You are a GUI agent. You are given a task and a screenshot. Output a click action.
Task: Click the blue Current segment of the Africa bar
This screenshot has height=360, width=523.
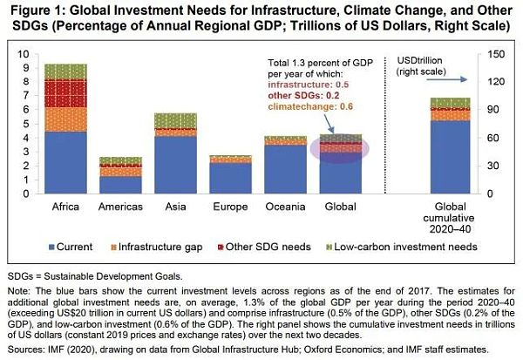65,162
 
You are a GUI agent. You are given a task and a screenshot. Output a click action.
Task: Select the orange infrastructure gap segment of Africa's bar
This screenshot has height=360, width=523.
65,119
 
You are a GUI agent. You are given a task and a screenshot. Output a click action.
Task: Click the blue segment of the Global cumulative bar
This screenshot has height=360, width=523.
450,157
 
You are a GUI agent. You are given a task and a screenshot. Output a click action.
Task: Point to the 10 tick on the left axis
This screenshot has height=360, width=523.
23,54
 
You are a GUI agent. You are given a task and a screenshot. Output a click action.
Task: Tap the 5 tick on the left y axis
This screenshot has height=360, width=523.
25,124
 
